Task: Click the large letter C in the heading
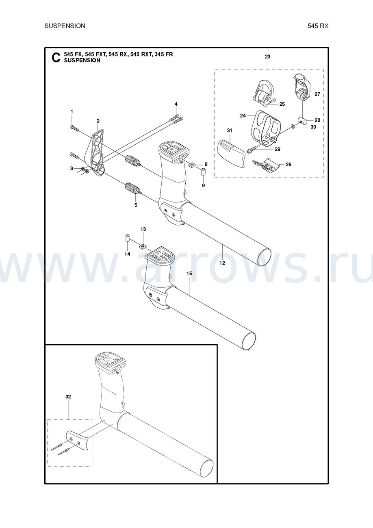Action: coord(56,58)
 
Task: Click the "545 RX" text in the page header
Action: coord(318,26)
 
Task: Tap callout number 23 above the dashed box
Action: coord(267,56)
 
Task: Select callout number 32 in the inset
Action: coord(68,397)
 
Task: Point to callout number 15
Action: coord(189,274)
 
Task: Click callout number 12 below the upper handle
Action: coord(222,263)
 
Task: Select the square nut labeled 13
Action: coord(142,247)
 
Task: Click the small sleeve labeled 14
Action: coord(128,238)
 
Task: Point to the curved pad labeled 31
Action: coord(231,154)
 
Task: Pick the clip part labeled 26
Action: coord(266,166)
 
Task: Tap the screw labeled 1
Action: coord(74,128)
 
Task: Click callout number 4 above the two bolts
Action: coord(176,104)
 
